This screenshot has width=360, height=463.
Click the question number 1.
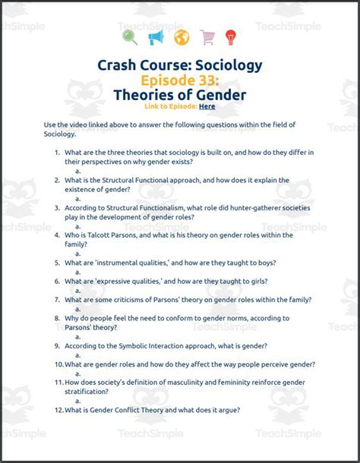[57, 152]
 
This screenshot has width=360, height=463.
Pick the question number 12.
[58, 410]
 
